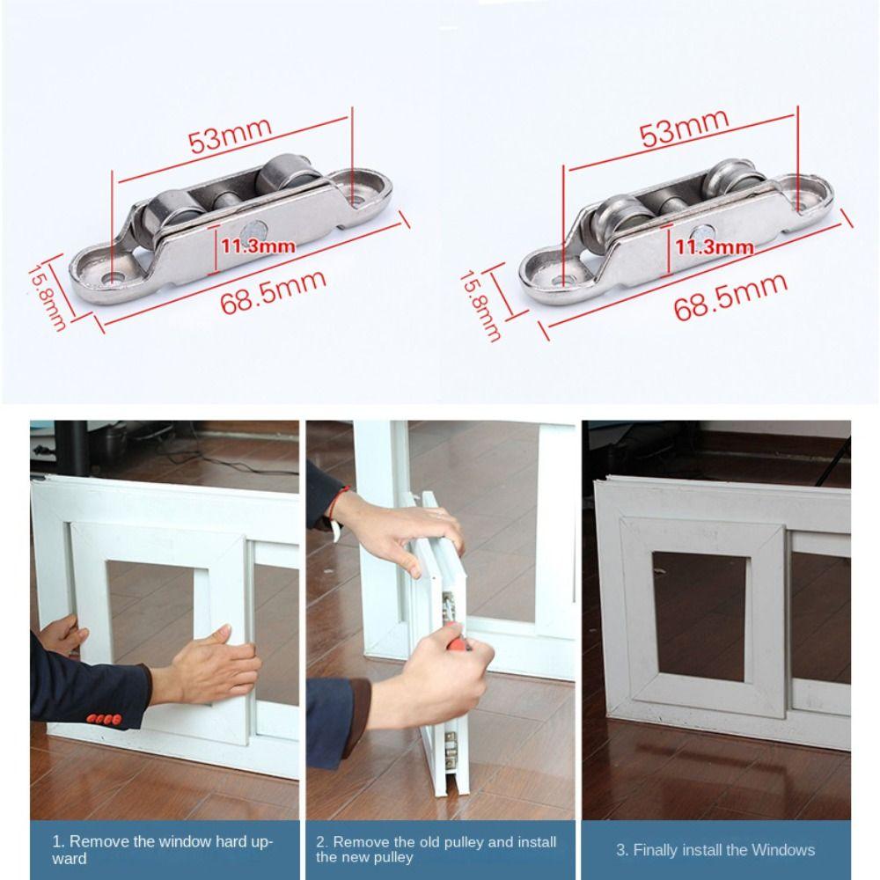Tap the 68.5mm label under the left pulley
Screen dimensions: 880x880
tap(273, 294)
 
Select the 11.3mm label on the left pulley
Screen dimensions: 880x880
tap(257, 246)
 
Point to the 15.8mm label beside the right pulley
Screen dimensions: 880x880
tap(480, 304)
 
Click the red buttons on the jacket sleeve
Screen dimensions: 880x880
tap(105, 719)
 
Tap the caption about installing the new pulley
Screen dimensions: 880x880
tap(436, 848)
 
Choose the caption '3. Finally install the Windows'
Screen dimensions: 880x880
tap(715, 849)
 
